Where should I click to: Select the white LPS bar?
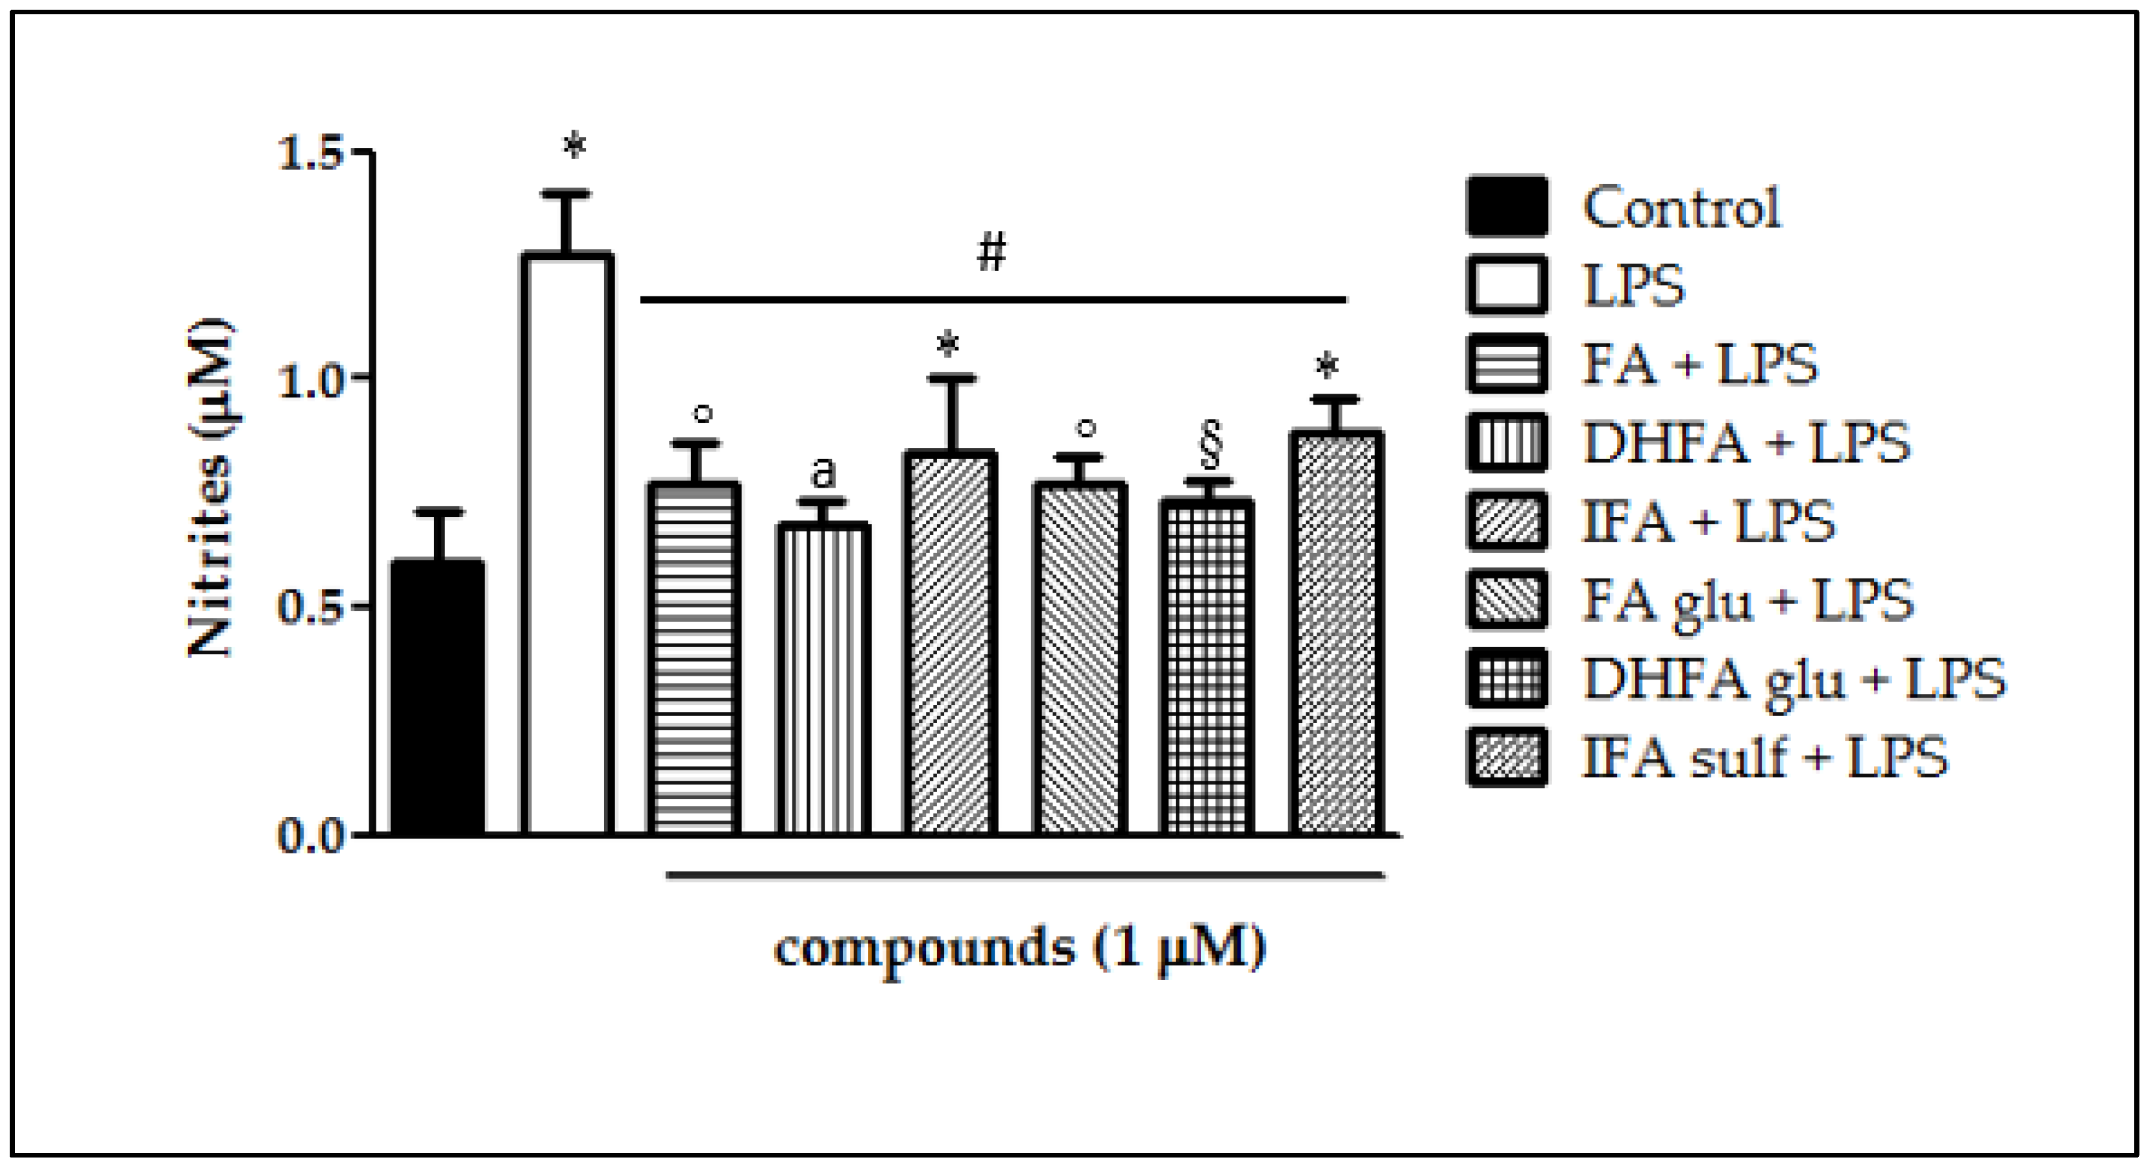567,543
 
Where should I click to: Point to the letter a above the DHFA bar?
823,473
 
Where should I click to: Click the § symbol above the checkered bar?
1210,445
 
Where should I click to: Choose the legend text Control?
1681,207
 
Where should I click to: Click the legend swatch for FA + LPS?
1507,364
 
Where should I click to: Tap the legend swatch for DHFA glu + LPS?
1507,678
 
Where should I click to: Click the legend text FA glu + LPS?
1747,600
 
